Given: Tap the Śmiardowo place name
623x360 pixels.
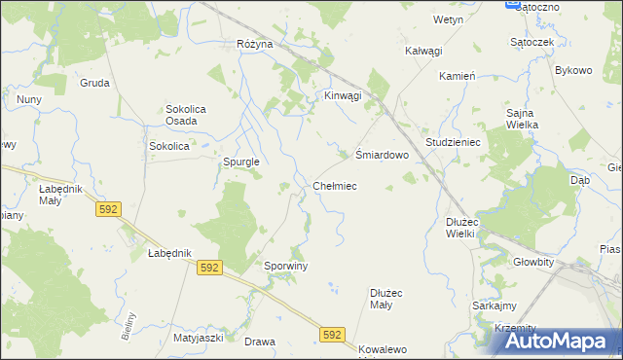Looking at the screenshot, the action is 380,154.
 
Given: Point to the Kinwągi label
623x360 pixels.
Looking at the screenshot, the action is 343,95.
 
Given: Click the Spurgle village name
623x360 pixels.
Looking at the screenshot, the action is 240,162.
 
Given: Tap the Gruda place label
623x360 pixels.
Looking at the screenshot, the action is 94,83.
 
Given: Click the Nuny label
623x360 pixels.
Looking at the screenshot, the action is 28,99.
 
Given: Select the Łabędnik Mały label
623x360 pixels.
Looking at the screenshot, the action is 61,195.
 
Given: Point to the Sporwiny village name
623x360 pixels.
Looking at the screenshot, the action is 286,266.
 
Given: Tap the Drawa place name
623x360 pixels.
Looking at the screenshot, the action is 260,342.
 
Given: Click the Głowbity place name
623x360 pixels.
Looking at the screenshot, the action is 533,262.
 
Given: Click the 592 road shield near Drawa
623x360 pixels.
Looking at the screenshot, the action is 332,334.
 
